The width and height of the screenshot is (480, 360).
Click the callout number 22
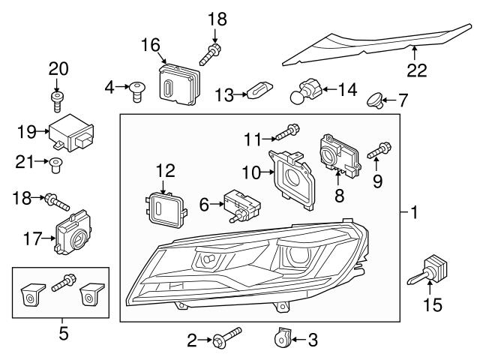tap(417, 70)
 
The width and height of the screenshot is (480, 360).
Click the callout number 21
tap(25, 160)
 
